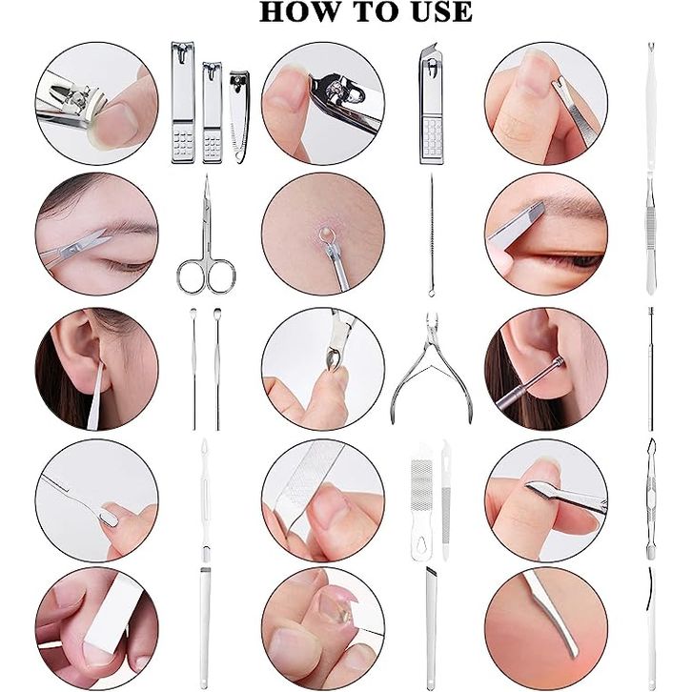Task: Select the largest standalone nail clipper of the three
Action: coord(183,103)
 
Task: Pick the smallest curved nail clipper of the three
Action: coord(239,116)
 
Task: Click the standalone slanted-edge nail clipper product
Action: coord(431,103)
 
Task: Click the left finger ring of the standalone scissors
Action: coord(191,275)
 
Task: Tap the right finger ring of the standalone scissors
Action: coord(220,276)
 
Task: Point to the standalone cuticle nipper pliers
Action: coord(432,368)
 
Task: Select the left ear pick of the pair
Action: coord(193,369)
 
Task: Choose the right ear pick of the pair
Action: coord(216,369)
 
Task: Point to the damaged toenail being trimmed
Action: coord(335,602)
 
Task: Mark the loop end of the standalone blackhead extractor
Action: coord(430,292)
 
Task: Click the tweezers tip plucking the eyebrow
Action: coord(538,207)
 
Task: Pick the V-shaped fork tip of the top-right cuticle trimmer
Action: coord(650,47)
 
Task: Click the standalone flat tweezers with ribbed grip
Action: coord(651,236)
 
